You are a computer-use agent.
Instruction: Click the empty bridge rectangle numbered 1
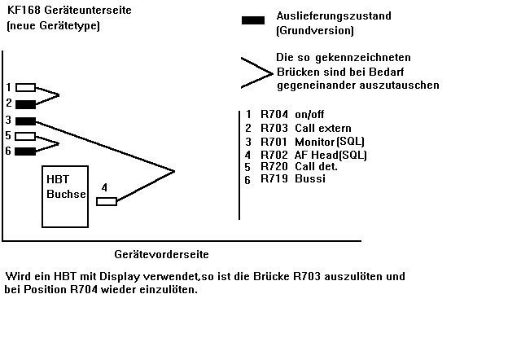point(25,87)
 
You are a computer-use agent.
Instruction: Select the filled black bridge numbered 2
point(25,104)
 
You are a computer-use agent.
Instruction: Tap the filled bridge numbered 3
point(25,121)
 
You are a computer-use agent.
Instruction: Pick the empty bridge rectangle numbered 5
point(25,136)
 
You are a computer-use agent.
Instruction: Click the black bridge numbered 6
point(25,151)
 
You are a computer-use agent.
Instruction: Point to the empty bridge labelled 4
point(107,201)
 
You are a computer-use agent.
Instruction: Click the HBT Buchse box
point(65,196)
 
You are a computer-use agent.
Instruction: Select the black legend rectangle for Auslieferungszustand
point(253,20)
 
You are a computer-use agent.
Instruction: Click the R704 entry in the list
point(274,114)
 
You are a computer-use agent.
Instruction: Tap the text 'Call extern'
point(323,128)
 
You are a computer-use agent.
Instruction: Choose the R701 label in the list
point(274,142)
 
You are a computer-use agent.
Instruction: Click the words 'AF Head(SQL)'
point(331,155)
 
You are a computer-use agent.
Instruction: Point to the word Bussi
point(310,178)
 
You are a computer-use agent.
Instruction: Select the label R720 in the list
point(274,166)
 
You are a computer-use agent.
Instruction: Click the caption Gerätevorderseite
point(161,254)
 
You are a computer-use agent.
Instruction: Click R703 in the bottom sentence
point(307,276)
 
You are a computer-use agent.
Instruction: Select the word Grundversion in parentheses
point(315,31)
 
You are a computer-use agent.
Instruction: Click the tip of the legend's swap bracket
point(273,73)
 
